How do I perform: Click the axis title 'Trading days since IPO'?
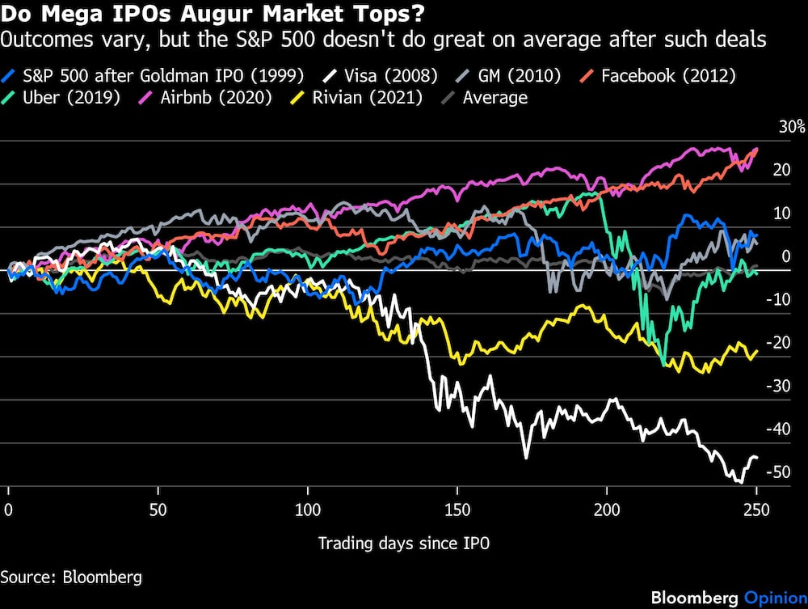coord(403,543)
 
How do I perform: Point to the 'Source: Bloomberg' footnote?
coord(71,577)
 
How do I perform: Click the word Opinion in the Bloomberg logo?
coord(772,598)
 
